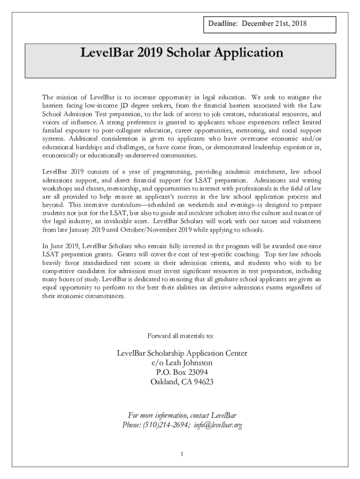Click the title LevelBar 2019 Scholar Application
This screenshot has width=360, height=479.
(182, 53)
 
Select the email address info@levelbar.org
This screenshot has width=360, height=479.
(217, 425)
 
